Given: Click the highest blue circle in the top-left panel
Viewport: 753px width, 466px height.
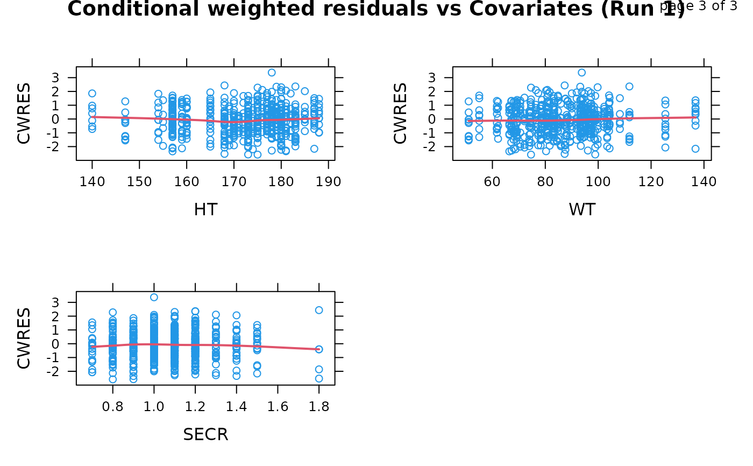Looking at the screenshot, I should (x=272, y=73).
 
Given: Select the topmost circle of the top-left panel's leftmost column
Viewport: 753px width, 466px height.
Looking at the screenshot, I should (x=92, y=93).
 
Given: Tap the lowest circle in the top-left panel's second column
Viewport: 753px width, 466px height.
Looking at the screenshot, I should (x=125, y=141).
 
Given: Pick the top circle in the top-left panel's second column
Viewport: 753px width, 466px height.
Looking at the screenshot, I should (x=125, y=101).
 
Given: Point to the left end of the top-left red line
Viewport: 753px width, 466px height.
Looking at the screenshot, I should (x=92, y=116).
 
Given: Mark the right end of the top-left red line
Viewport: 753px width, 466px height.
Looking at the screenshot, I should (x=319, y=118).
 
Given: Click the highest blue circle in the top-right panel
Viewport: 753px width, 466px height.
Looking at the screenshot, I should (x=581, y=73).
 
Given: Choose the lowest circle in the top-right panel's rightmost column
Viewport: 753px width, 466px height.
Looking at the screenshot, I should (x=695, y=149).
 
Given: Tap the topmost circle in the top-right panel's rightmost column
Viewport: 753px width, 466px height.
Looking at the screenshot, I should (x=695, y=100).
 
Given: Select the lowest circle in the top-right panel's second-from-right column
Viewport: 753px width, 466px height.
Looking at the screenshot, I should (x=665, y=147).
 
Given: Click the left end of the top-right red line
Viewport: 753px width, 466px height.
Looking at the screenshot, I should (x=468, y=121).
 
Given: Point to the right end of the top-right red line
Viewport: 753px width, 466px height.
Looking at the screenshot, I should (x=695, y=117).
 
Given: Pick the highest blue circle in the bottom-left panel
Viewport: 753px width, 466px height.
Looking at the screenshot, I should (x=154, y=297).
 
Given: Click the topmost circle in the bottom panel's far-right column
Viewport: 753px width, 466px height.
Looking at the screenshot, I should (x=319, y=310).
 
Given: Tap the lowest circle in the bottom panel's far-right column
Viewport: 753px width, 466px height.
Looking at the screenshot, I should (x=319, y=378).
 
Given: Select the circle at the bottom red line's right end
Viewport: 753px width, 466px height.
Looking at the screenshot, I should (x=319, y=349).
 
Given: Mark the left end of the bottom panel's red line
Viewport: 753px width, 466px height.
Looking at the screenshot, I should (x=92, y=347).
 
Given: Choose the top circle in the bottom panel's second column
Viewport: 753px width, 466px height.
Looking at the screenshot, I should (x=113, y=312).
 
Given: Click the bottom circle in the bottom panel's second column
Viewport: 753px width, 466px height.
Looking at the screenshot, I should (x=113, y=379).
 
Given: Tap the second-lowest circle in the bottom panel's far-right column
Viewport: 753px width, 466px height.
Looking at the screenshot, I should (x=319, y=369).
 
